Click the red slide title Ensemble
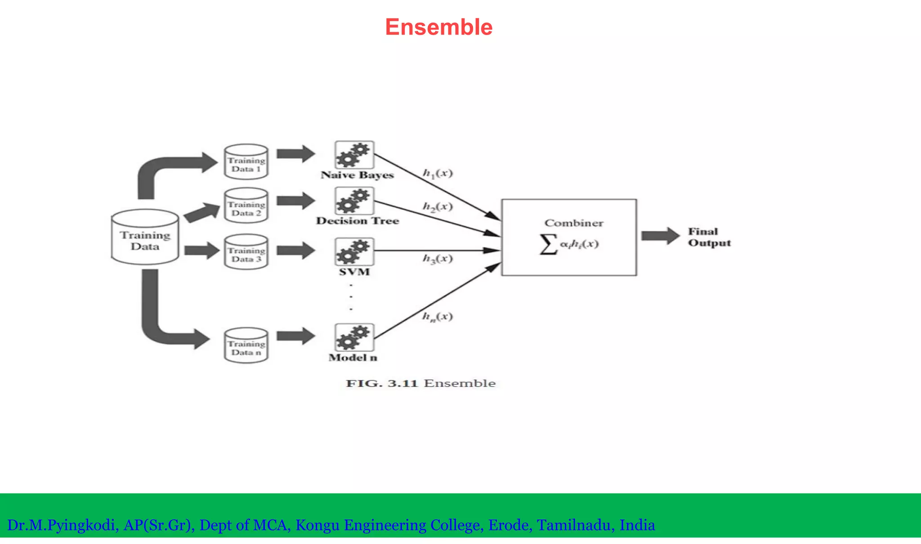pos(438,27)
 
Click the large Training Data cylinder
pos(145,238)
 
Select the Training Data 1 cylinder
pos(246,162)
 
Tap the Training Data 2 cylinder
pos(246,206)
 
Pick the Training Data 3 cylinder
pos(246,252)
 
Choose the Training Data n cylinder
pos(246,346)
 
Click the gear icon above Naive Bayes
pos(354,154)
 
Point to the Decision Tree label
pos(358,221)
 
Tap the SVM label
pos(354,272)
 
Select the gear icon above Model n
pos(354,337)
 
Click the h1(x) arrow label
pos(438,173)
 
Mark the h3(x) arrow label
pos(438,258)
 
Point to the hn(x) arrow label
pos(438,316)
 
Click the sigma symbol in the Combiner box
pos(548,244)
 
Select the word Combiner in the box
pos(574,223)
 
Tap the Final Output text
pos(709,237)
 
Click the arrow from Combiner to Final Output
pos(660,236)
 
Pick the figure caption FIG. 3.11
pos(420,383)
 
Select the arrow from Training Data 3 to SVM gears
pos(295,251)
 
